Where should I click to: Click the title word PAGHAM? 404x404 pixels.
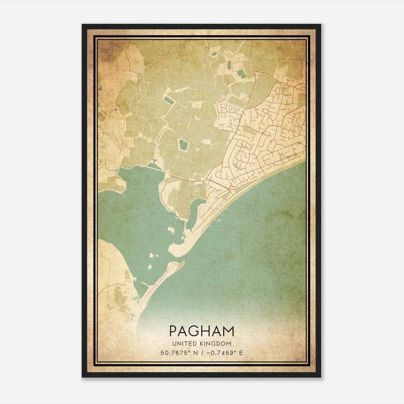tap(202, 331)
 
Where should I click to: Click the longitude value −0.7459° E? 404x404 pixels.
tap(224, 353)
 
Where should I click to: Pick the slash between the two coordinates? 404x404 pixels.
tap(202, 353)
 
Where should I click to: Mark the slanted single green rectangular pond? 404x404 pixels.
tap(168, 100)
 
